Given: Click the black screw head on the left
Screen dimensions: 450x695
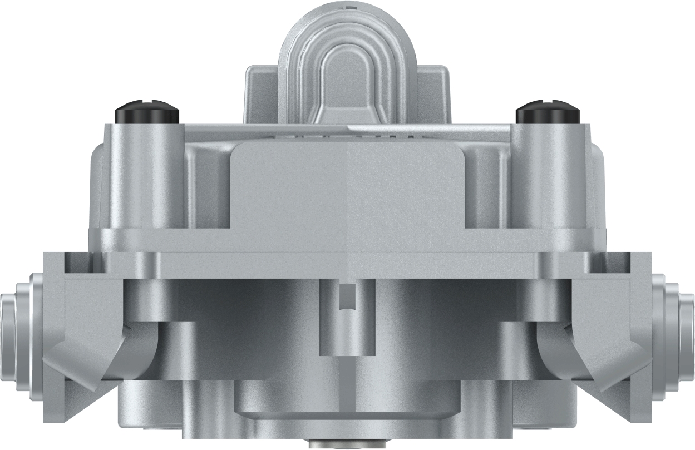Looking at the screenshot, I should (x=147, y=112).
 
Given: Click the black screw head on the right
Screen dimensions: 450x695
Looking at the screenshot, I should (x=548, y=112).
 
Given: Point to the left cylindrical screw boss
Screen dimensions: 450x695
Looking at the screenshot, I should (x=147, y=178).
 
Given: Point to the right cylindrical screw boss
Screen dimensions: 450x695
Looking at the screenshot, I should (x=548, y=178).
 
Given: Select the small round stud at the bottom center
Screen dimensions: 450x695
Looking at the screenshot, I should (x=347, y=444).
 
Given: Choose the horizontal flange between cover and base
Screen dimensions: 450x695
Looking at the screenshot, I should (x=347, y=264).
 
